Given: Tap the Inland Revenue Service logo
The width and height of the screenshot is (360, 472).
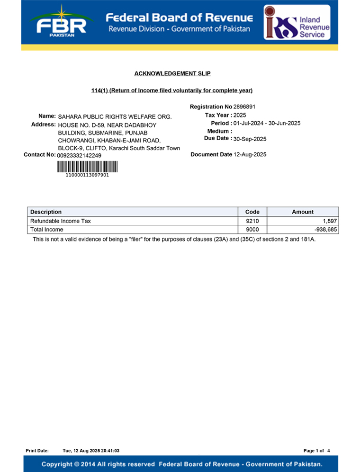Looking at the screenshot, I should tap(297, 23).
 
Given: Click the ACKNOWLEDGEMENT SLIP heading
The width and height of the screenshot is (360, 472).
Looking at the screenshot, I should tap(172, 73).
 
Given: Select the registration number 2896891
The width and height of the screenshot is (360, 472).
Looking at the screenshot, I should tap(244, 107).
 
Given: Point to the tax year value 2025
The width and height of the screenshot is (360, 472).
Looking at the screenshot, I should tap(240, 115).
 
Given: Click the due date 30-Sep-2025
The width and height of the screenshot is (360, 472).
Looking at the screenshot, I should tap(250, 139).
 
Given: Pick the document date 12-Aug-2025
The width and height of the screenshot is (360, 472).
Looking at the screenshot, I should tap(250, 154).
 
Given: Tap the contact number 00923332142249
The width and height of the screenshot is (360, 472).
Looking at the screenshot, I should tap(79, 155).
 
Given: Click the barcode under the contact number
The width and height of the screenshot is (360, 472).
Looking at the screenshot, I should tap(88, 166).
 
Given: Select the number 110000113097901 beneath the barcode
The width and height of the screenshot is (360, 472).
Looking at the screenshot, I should tap(88, 175).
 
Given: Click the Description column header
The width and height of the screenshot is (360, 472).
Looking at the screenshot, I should tap(46, 212).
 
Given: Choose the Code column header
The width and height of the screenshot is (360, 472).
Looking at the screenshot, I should tap(252, 212).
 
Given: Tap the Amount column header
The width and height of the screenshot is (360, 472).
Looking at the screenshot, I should tap(303, 212).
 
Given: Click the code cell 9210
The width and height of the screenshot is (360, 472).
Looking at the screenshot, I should tap(252, 221).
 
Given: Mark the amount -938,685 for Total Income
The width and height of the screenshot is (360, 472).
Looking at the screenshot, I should tap(325, 230).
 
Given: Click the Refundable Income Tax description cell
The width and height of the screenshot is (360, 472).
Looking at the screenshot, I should tap(61, 221).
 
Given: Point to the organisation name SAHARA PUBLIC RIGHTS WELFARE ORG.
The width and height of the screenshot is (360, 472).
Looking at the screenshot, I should tap(115, 116).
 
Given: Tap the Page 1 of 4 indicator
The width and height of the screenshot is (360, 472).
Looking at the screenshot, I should tap(316, 450).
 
